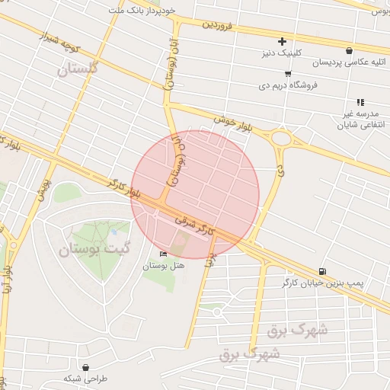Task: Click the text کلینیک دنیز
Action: (x=283, y=54)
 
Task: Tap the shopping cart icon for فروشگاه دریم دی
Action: (x=287, y=74)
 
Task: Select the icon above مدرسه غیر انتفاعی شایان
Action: (x=360, y=101)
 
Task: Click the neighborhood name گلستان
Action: (x=78, y=69)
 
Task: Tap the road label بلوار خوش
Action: (x=232, y=120)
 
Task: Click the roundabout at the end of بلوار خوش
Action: (x=282, y=139)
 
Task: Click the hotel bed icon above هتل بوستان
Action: (x=161, y=254)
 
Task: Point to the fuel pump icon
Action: (x=323, y=271)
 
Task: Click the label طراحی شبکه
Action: (x=86, y=379)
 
